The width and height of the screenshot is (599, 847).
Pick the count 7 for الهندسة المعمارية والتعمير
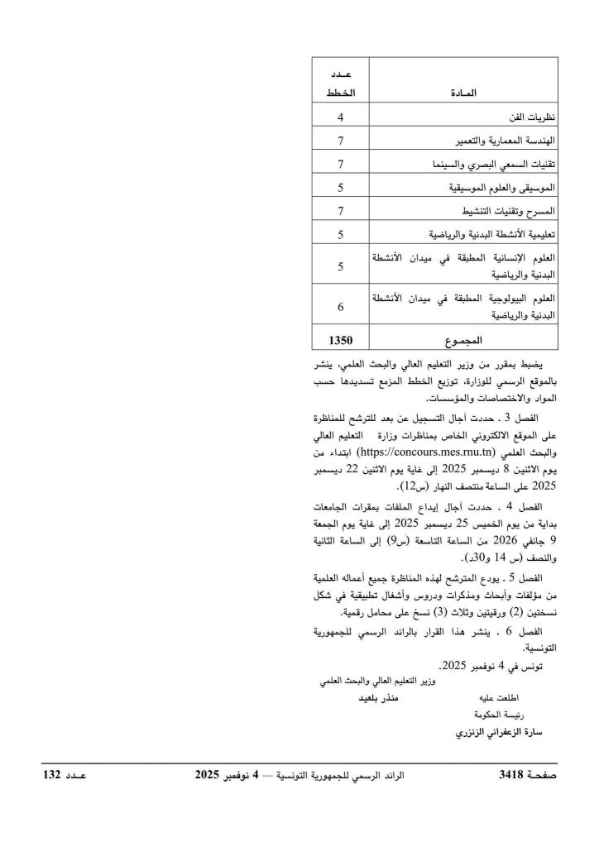340,141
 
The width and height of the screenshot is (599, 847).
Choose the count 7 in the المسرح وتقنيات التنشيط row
340,211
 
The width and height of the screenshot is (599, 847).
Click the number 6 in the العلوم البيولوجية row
340,306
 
